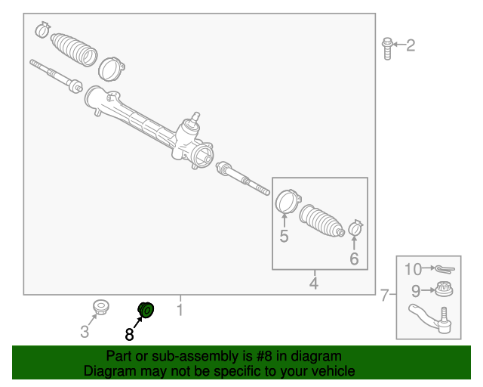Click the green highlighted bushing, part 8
pos(146,310)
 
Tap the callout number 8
pos(129,334)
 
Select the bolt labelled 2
pos(387,48)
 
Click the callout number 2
pos(411,45)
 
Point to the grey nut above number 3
pos(101,307)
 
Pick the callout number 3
pos(85,332)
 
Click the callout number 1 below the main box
pos(180,310)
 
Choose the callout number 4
pos(314,283)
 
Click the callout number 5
pos(284,236)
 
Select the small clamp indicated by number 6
pos(355,228)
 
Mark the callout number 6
pos(354,259)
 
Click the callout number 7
pos(384,295)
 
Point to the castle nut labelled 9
pos(445,289)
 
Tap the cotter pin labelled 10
pos(445,269)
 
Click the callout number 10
pos(413,269)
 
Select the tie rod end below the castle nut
pos(430,319)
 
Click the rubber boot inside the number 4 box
pos(322,221)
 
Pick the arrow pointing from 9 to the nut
pos(429,290)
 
